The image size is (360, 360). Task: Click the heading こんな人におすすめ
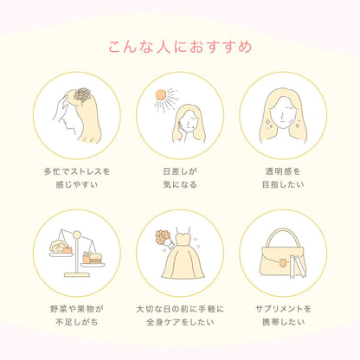(x=180, y=47)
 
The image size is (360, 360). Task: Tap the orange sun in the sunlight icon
(x=160, y=94)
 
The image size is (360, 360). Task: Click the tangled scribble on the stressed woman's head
(x=82, y=95)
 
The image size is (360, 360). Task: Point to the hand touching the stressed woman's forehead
(x=61, y=108)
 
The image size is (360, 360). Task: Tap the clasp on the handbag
(x=283, y=263)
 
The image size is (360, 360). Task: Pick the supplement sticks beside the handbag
(x=298, y=267)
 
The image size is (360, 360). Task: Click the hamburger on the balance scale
(x=96, y=258)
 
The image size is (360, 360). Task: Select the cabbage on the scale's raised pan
(x=58, y=247)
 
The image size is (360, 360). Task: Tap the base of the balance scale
(x=77, y=275)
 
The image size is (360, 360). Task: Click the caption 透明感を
(x=283, y=171)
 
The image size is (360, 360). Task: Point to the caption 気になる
(x=180, y=184)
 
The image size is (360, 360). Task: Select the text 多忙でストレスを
(x=77, y=171)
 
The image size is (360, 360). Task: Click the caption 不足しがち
(x=77, y=322)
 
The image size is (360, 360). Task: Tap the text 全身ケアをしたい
(x=180, y=322)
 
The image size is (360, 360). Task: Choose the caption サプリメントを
(x=283, y=309)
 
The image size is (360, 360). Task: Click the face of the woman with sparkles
(x=283, y=114)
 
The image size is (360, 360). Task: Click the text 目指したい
(x=283, y=184)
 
